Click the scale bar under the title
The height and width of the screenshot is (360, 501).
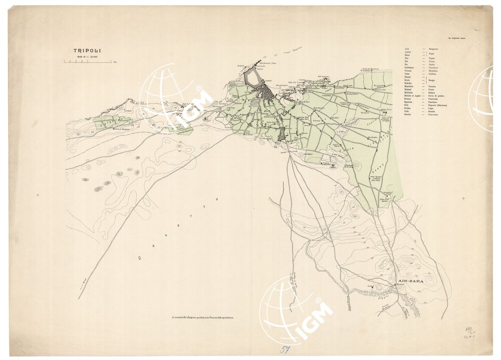88,62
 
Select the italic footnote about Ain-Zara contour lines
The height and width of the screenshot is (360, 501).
202,317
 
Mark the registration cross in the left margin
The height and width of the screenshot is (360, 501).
38,195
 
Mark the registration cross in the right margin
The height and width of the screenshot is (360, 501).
463,198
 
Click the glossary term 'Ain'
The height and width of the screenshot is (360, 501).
406,49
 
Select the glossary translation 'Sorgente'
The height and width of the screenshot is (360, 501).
433,49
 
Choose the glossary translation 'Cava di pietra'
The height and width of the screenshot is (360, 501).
437,95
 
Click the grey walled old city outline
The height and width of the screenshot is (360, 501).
253,79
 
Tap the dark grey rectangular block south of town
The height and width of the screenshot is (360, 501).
281,134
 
